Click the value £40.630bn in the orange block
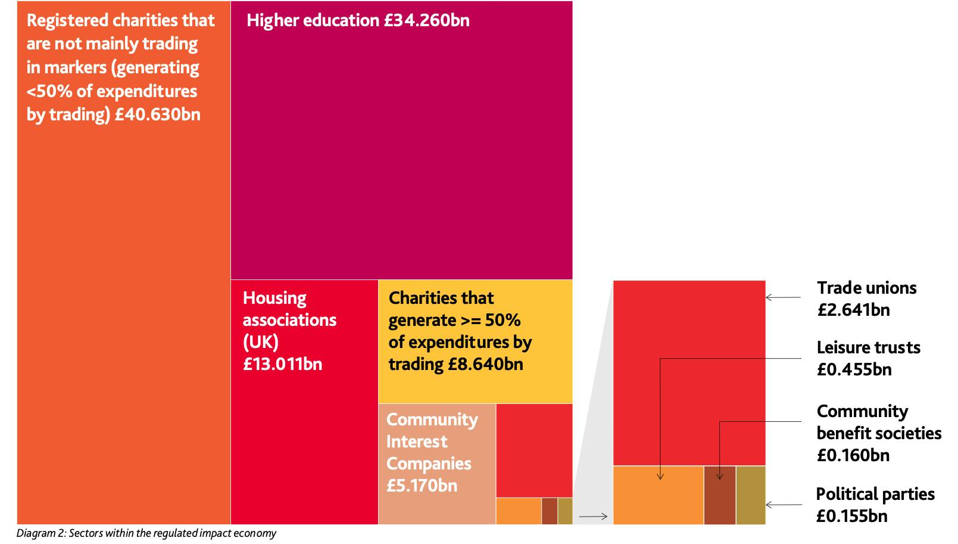[x=158, y=114]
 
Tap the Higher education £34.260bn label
[x=358, y=20]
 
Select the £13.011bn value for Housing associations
[x=282, y=364]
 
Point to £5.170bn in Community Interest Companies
[x=422, y=486]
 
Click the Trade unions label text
[x=866, y=288]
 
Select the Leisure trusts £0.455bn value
[x=854, y=370]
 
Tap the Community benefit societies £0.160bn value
[x=853, y=456]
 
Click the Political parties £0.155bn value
[x=851, y=516]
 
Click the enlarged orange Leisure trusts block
[x=658, y=501]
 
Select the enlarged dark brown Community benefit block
[x=719, y=503]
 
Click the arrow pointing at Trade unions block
[x=783, y=297]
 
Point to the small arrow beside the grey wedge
[x=593, y=516]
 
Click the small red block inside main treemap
[x=534, y=450]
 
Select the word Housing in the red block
[x=274, y=298]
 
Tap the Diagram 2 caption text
[x=146, y=533]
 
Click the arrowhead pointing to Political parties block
[x=769, y=505]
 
